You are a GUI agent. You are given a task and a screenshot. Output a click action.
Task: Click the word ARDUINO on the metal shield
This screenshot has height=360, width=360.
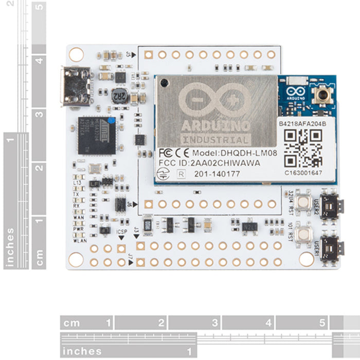tap(215, 125)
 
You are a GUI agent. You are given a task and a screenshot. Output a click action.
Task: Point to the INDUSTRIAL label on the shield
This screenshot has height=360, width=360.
tap(216, 139)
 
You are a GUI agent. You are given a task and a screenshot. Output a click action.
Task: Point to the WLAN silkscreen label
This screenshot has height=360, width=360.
tap(80, 240)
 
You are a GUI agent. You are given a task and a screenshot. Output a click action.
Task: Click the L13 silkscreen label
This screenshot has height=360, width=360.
tap(78, 183)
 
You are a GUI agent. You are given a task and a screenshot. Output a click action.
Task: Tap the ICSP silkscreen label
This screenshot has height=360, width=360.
tap(122, 232)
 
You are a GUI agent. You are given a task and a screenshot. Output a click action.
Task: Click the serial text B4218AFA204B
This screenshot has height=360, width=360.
tap(302, 124)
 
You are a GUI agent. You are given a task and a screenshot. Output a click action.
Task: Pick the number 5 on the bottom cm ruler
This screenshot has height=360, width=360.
tap(322, 323)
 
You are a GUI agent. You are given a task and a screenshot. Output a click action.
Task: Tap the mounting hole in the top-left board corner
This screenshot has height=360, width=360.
tap(77, 54)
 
